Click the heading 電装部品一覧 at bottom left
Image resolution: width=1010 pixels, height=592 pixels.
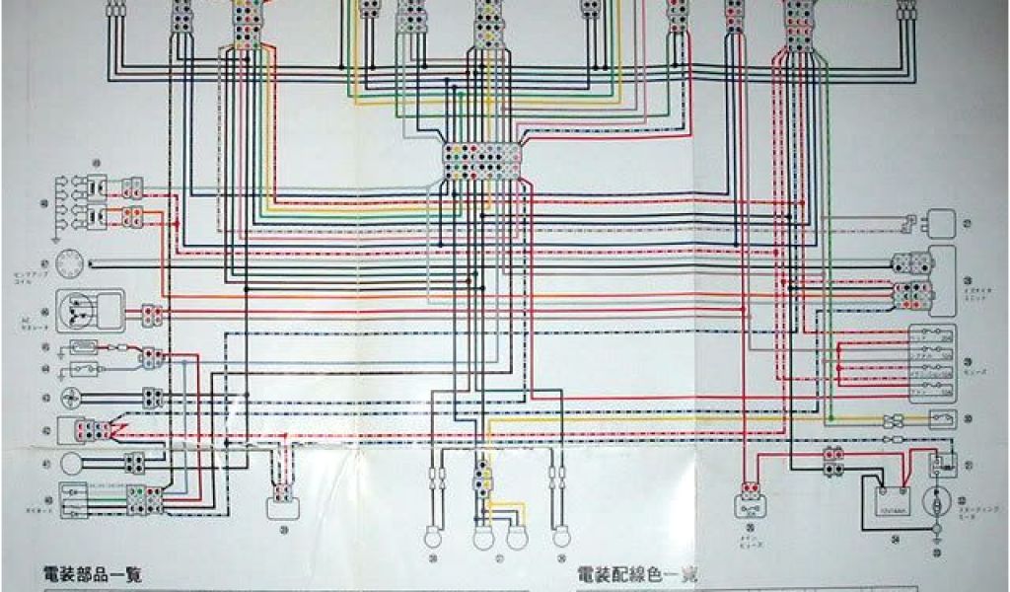tap(93, 575)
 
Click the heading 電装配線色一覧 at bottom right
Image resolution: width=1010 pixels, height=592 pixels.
tap(635, 575)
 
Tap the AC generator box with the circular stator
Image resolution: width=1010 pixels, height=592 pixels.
tap(90, 312)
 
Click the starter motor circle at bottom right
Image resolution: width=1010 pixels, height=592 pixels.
tap(934, 501)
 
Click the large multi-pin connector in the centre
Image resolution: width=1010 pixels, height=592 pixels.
tap(482, 161)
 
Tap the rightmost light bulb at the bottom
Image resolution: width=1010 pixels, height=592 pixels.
tap(561, 537)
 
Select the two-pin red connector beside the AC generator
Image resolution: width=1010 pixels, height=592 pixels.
tap(151, 316)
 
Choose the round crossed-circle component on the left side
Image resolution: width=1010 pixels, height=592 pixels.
tap(70, 397)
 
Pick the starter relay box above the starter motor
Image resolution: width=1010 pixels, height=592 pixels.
tap(943, 464)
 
